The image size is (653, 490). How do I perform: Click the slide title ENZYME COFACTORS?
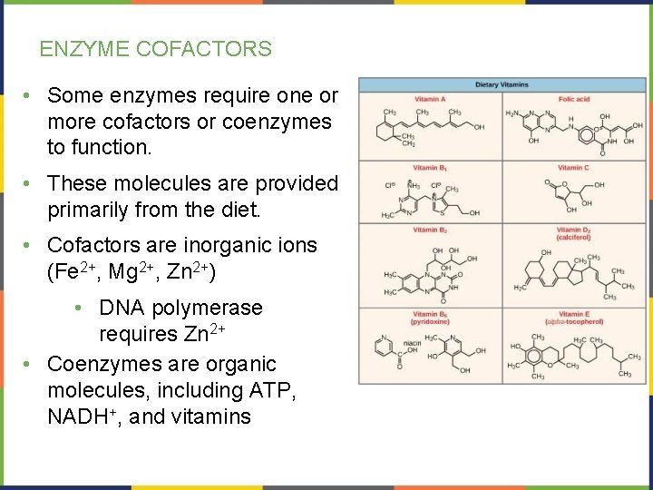pyautogui.click(x=155, y=49)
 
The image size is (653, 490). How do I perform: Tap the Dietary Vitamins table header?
pyautogui.click(x=502, y=85)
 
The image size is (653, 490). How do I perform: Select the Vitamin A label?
pyautogui.click(x=430, y=98)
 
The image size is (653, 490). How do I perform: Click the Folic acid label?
pyautogui.click(x=574, y=98)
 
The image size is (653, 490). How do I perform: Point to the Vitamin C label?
pyautogui.click(x=574, y=168)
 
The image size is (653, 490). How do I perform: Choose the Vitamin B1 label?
pyautogui.click(x=430, y=168)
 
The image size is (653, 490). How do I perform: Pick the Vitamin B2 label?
pyautogui.click(x=430, y=230)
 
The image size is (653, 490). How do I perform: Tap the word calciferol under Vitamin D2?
pyautogui.click(x=574, y=238)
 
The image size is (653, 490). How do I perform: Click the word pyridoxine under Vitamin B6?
pyautogui.click(x=430, y=322)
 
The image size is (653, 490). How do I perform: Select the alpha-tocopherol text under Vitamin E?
pyautogui.click(x=574, y=322)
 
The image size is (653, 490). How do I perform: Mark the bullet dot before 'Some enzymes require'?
pyautogui.click(x=30, y=95)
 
